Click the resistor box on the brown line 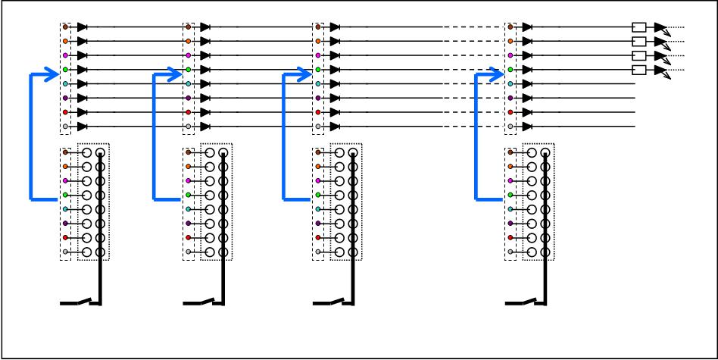tap(638, 27)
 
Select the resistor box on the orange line tap(638, 41)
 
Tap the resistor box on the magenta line tap(638, 55)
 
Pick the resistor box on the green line tap(638, 70)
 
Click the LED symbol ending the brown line tap(660, 27)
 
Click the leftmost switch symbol tap(82, 303)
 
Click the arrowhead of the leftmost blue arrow tap(54, 74)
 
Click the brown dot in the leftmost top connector tap(65, 27)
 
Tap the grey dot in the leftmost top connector tap(65, 126)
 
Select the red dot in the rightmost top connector tap(510, 112)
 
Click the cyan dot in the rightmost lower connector tap(510, 209)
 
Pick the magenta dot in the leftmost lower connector tap(65, 181)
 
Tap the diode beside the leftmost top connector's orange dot tap(82, 41)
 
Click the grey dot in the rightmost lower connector tap(510, 252)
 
